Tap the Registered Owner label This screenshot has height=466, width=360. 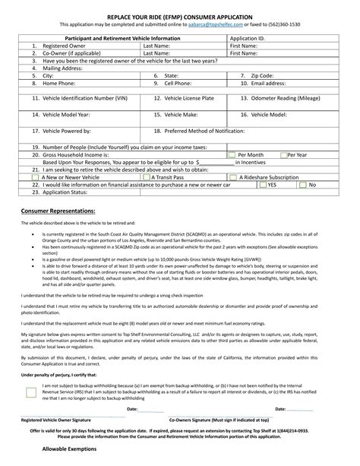pos(59,46)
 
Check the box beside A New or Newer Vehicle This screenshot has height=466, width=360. pos(36,176)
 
